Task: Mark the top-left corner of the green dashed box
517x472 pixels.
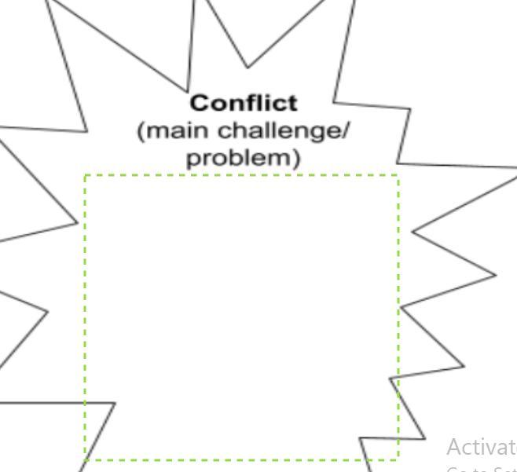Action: pos(85,176)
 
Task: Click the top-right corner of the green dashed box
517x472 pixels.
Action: pos(399,176)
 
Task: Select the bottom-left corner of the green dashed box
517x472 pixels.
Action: pos(85,460)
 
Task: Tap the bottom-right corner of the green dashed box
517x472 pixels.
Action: pos(399,460)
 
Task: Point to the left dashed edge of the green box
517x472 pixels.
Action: pos(85,314)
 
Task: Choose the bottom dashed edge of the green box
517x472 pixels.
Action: pos(236,460)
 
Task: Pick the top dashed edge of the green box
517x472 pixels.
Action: pos(236,176)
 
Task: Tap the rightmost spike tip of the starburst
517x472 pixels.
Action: pos(515,167)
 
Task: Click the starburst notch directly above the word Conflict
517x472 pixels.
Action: pos(188,88)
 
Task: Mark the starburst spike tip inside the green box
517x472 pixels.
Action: pos(115,404)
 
